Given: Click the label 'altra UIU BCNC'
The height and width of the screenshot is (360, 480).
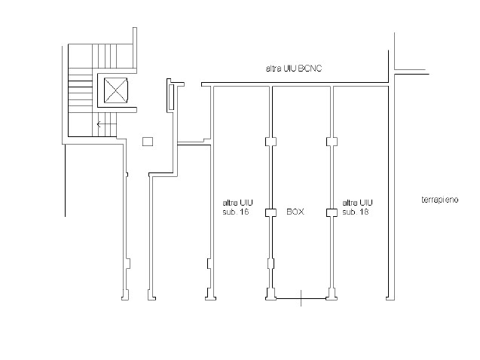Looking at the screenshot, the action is pos(294,69).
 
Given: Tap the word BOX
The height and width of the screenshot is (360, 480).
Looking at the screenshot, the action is pos(295,212).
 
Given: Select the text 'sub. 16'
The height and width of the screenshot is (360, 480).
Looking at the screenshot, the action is pos(235,212).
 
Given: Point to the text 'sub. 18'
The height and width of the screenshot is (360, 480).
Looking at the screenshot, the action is pos(356,212).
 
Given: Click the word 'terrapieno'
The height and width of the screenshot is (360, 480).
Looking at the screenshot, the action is pos(440,200).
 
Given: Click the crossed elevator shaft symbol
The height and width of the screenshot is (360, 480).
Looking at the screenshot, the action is pos(115,90).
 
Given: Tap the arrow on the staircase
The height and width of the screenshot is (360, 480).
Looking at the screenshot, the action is pos(106,124).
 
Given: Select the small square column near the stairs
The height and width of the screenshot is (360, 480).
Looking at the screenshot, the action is pos(148,142).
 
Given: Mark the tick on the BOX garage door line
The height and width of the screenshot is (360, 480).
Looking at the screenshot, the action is pos(301,298).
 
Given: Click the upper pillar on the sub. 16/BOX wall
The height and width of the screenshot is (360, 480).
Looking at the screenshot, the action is pos(271,142).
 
